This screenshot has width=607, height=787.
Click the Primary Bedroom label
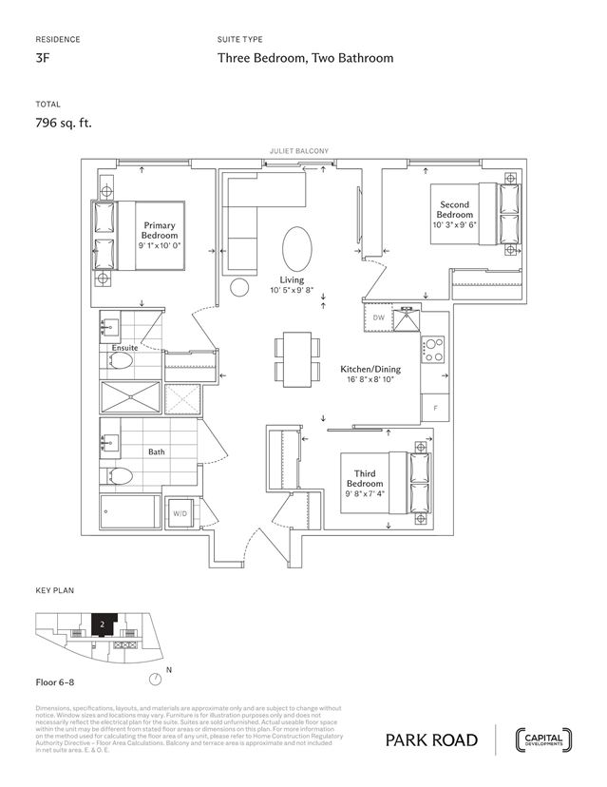tap(160, 230)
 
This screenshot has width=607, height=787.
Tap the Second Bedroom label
tap(454, 209)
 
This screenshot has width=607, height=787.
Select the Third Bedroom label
tap(365, 478)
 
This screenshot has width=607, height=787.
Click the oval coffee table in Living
tap(295, 249)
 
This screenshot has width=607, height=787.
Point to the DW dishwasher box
tap(378, 317)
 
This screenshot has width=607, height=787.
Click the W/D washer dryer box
tap(179, 513)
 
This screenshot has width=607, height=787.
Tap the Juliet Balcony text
tap(299, 151)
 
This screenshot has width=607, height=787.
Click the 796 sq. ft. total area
tap(64, 122)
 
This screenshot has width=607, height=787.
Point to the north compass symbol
tap(155, 679)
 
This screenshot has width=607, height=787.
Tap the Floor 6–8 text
tap(57, 682)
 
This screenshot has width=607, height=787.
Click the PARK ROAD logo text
tap(432, 740)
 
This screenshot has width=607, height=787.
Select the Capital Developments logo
tap(543, 739)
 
